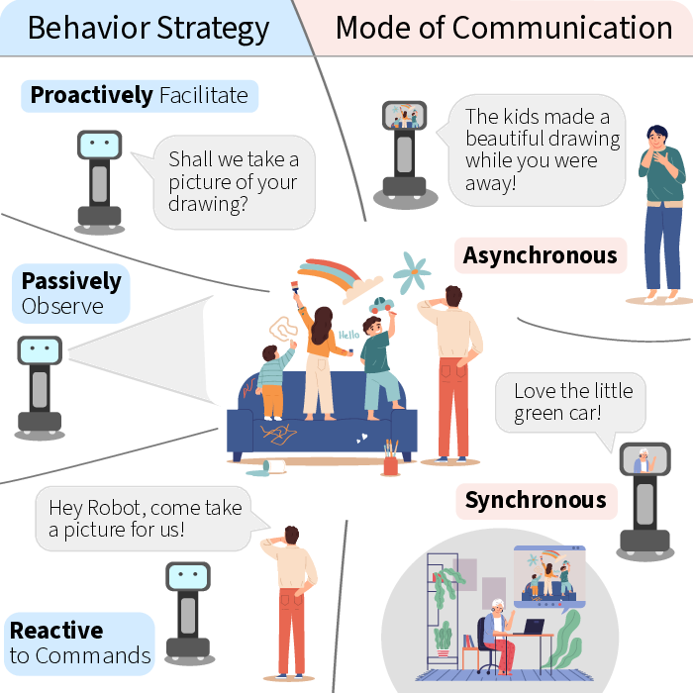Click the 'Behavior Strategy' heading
[x=148, y=29]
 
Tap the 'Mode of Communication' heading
[x=504, y=28]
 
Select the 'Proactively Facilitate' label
[x=140, y=96]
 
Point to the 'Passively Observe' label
[x=71, y=293]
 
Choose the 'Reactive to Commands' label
[x=79, y=643]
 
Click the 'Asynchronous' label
[x=541, y=255]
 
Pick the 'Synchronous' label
[x=537, y=501]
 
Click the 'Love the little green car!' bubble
[x=570, y=403]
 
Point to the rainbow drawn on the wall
[x=340, y=278]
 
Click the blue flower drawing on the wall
[x=411, y=272]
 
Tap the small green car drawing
[x=381, y=305]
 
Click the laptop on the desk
[x=534, y=627]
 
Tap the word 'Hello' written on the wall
[x=349, y=335]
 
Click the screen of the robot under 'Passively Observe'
[x=40, y=350]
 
